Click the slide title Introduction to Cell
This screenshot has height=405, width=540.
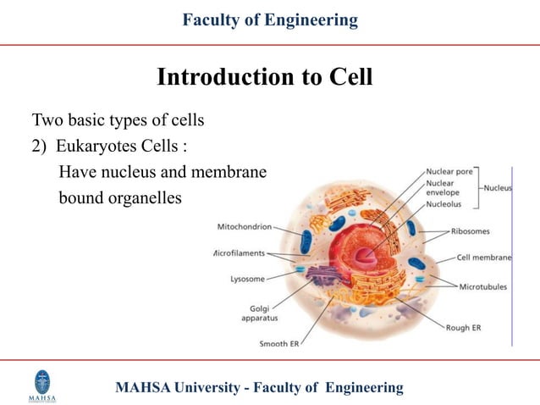[x=265, y=77]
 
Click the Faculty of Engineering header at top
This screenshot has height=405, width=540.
[x=270, y=19]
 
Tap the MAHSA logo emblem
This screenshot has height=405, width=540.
[x=41, y=382]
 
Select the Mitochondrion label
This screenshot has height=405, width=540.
[x=245, y=227]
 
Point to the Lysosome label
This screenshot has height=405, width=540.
[x=247, y=278]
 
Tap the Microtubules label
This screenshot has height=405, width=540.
[x=482, y=286]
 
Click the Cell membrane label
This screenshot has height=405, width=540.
[x=483, y=258]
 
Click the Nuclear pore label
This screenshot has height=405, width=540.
[x=449, y=170]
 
